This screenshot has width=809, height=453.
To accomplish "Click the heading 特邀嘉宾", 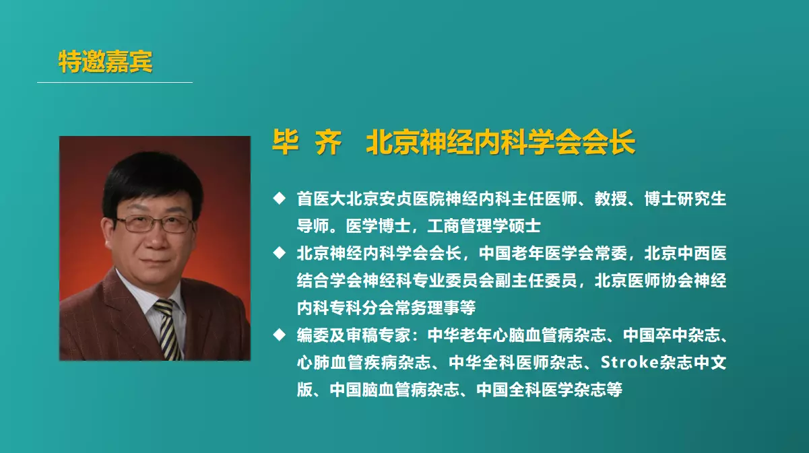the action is [106, 61].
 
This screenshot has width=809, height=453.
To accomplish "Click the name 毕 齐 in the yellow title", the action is [307, 142].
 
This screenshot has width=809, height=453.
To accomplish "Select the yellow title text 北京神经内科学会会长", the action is [500, 142].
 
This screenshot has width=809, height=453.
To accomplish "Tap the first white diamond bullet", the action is [279, 198].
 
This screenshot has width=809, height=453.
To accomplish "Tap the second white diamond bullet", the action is [279, 252].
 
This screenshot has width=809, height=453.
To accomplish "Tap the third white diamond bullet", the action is [279, 335].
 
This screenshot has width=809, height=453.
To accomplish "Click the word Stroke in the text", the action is [630, 362].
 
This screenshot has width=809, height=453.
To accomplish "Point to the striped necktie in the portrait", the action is [168, 329].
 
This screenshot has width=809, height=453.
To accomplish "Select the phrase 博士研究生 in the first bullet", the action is [685, 199].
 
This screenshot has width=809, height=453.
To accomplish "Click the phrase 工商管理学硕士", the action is [484, 226].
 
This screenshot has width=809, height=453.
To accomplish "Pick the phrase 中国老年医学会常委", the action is [552, 253].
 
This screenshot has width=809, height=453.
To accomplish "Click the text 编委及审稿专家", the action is [353, 335].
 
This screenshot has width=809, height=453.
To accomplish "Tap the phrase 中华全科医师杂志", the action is [515, 363].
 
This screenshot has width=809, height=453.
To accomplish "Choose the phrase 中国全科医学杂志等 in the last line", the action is [550, 390].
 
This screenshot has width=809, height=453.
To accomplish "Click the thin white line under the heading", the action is [115, 82].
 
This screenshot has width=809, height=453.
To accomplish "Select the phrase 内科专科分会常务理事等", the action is [386, 308].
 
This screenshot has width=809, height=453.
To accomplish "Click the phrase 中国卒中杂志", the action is [672, 335].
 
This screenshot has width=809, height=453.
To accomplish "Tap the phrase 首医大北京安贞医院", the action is [370, 199].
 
